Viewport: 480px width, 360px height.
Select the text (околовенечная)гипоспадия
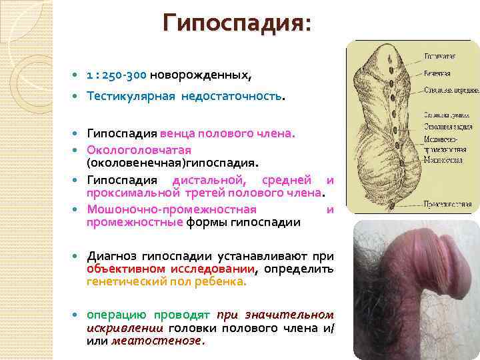tap(173, 162)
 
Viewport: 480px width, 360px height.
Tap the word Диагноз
tap(115, 256)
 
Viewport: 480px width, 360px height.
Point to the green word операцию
tap(116, 315)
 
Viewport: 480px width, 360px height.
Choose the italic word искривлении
tap(125, 328)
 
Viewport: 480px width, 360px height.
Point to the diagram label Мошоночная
tap(443, 161)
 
